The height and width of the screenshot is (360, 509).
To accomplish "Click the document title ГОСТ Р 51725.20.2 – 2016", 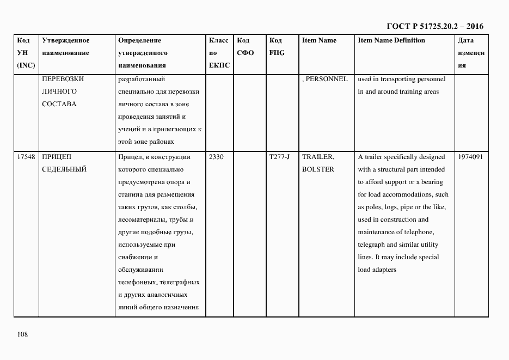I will pos(434,26).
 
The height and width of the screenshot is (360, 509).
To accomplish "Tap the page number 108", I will pos(22,334).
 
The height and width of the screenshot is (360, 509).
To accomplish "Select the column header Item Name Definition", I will pos(391,40).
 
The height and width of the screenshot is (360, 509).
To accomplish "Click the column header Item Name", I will pos(319,40).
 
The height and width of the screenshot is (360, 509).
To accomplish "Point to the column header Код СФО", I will pos(246,47).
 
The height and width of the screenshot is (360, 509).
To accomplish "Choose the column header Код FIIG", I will pos(277,47).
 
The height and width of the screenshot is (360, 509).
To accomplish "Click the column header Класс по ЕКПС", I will pos(219,53).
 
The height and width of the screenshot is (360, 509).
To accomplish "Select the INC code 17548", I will pos(26,157).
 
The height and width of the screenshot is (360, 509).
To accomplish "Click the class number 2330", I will pos(217,157).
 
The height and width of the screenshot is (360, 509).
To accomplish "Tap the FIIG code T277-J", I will pos(279,157).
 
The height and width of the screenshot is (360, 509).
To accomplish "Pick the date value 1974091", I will pos(471,157).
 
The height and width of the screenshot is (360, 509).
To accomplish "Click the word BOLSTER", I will pos(318,169).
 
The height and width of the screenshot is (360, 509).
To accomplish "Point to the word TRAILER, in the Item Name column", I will pos(318,157).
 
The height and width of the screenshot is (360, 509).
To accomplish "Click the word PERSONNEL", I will pos(326,79).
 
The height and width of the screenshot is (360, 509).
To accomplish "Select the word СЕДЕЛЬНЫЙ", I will pos(64,169).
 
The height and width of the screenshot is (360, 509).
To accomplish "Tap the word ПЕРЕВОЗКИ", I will pos(63,79).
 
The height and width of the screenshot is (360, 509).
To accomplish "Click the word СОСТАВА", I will pos(59,104).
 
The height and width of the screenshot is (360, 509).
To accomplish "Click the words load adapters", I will pos(377,270).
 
